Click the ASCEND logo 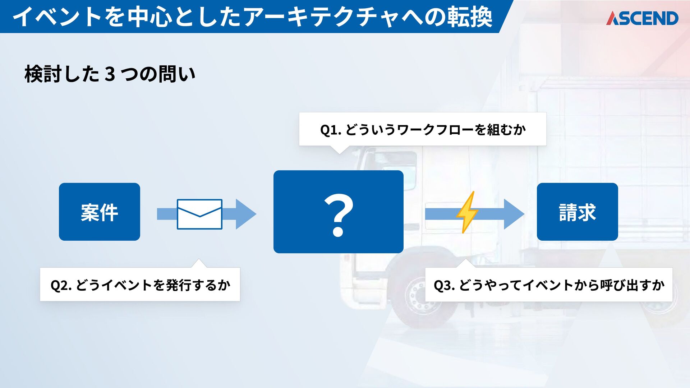[642, 18]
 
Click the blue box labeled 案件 [100, 212]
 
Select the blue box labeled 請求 [577, 212]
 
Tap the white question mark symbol [339, 215]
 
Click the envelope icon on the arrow [199, 214]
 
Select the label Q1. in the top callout [330, 130]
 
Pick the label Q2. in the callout [61, 285]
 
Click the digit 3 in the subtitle [110, 74]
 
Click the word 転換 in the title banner [469, 17]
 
